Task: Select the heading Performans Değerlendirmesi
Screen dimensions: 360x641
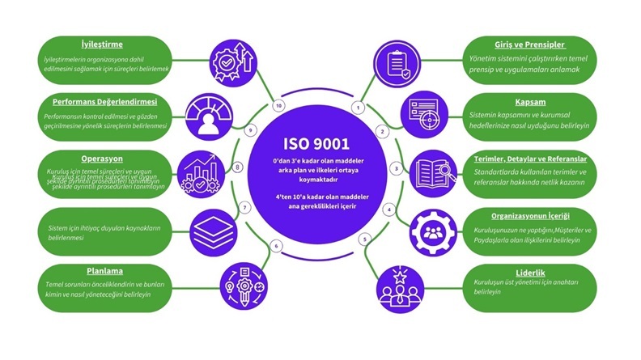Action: (x=101, y=103)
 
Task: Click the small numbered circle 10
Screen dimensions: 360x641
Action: (x=279, y=106)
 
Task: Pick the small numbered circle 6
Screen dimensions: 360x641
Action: (x=276, y=245)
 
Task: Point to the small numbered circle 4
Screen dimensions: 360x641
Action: (x=389, y=210)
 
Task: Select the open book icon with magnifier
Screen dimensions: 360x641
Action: (x=437, y=172)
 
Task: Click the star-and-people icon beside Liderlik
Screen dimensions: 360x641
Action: (x=399, y=285)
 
